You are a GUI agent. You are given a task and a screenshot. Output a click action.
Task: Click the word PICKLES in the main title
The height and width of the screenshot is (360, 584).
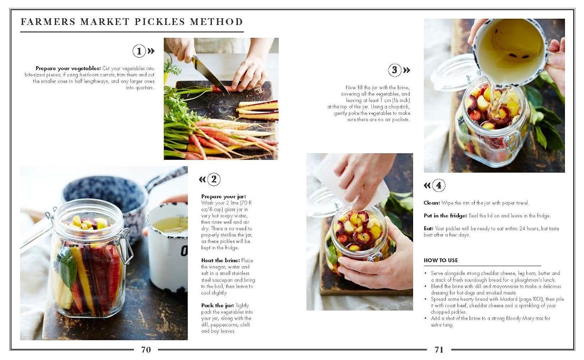click(159, 22)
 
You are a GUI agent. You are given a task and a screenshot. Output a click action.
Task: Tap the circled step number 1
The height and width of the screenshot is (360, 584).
click(139, 51)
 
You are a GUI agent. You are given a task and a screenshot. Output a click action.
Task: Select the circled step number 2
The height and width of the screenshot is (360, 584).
click(214, 180)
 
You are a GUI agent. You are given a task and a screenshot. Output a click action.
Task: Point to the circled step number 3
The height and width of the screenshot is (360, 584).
click(394, 70)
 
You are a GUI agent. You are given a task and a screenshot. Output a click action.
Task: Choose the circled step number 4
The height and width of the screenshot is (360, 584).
click(438, 185)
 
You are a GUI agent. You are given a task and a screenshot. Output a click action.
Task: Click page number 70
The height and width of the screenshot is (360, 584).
click(146, 349)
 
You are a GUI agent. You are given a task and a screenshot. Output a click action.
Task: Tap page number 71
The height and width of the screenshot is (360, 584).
click(439, 349)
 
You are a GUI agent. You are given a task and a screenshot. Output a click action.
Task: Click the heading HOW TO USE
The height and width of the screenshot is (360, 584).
click(441, 260)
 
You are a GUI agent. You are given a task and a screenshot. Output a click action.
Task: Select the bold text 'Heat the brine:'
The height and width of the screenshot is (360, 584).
click(220, 260)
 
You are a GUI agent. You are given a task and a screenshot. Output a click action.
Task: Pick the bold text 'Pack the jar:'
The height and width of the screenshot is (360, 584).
click(217, 305)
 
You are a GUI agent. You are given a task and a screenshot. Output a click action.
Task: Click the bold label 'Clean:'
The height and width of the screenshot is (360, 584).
click(432, 203)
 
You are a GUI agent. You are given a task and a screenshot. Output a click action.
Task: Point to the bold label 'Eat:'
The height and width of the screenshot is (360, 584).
click(428, 228)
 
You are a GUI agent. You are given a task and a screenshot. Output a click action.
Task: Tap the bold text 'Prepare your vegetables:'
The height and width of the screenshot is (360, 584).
click(68, 68)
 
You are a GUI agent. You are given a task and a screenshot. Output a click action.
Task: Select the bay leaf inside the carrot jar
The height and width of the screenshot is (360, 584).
click(67, 269)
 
